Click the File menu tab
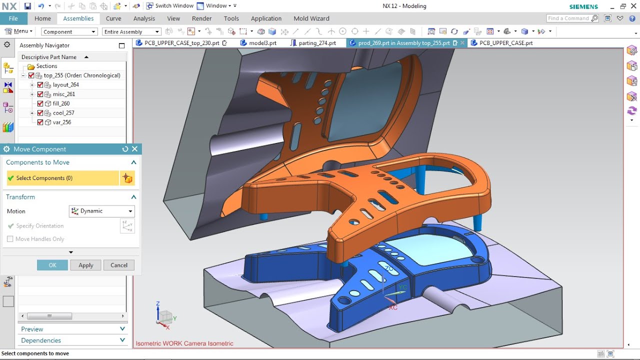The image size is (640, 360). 13,18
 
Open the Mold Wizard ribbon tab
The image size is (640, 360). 311,18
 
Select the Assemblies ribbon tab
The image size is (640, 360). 78,18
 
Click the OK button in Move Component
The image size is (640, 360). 52,265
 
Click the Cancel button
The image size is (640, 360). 119,265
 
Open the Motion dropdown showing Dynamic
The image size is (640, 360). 101,211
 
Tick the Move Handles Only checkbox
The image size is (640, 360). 10,239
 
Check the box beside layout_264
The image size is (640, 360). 40,85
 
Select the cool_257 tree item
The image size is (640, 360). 63,113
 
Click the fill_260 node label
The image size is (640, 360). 61,103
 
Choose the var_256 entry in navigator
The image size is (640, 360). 61,122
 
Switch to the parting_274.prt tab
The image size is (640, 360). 316,43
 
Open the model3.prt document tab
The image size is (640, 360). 262,43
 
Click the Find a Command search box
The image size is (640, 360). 568,18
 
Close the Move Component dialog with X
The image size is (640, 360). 134,149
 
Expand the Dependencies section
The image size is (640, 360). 72,340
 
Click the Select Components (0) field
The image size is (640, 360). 62,178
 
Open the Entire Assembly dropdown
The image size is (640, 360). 131,31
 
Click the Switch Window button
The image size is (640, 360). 169,6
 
